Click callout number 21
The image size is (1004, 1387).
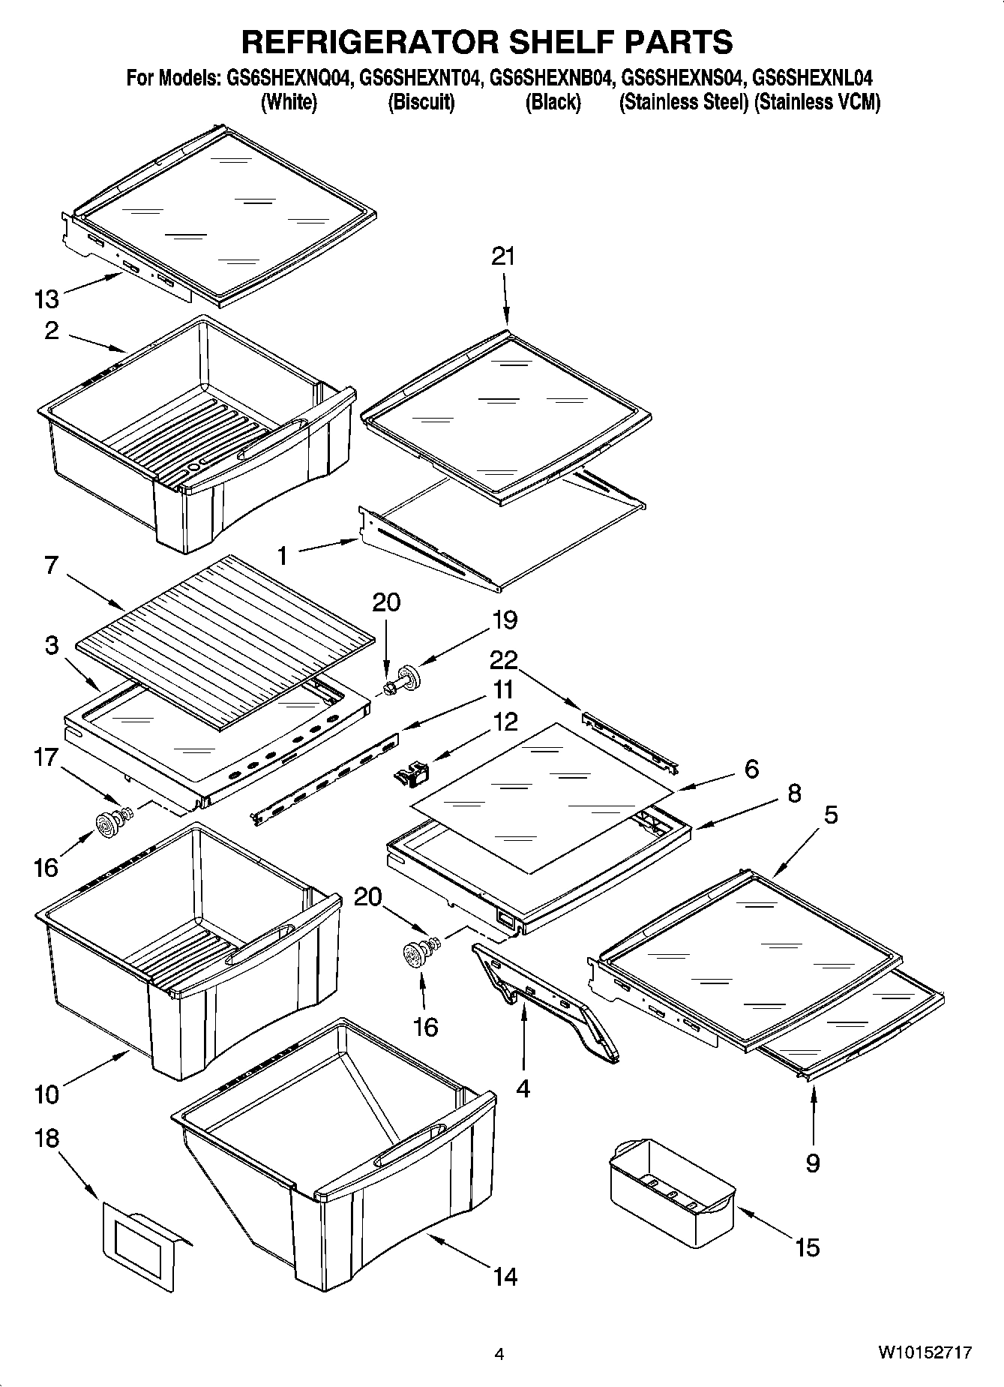[503, 257]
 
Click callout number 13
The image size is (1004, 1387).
[46, 299]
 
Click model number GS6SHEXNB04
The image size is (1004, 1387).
[553, 78]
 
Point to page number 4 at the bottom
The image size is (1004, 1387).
[499, 1354]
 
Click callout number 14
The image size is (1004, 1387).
[505, 1276]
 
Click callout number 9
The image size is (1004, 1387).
[813, 1163]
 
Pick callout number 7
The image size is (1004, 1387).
[51, 565]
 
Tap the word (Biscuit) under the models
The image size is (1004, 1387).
[421, 102]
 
